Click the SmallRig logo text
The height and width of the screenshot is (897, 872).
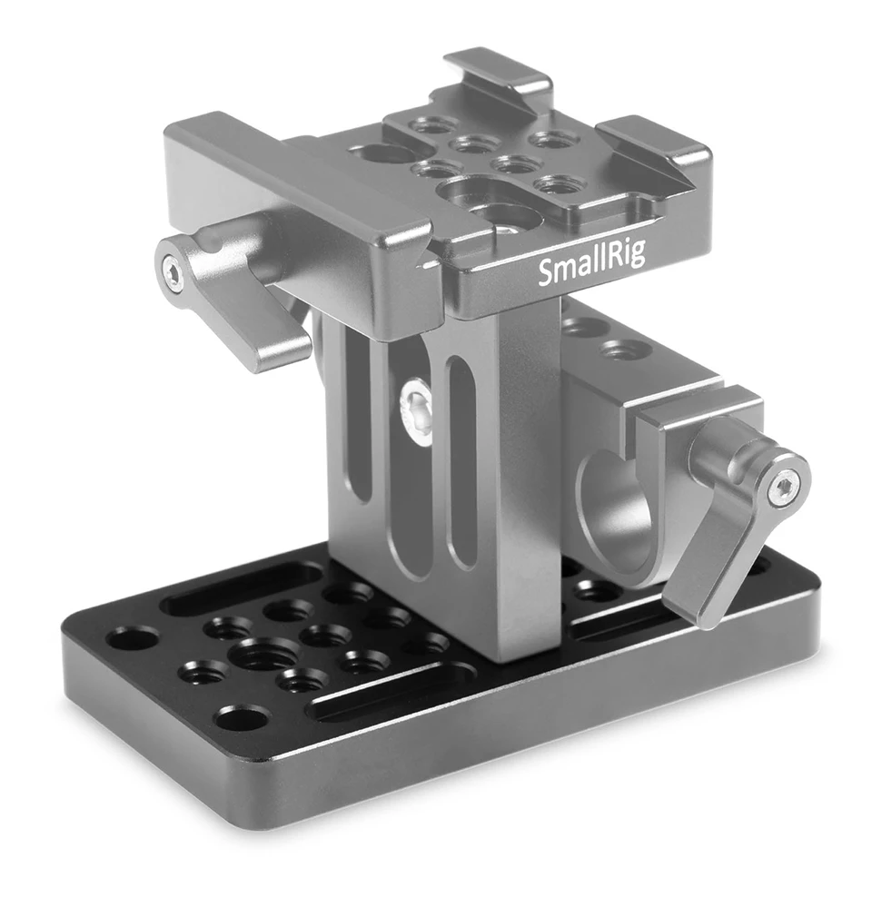click(591, 266)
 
